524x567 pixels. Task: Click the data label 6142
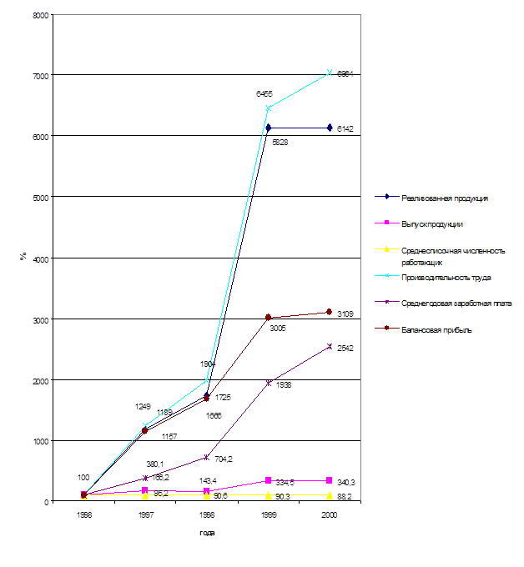point(345,128)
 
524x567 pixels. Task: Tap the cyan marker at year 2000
point(330,73)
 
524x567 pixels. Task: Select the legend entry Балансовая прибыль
point(436,329)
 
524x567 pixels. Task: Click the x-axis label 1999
point(268,516)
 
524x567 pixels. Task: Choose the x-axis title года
point(207,532)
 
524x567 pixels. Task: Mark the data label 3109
point(345,314)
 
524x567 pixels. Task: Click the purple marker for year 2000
point(330,346)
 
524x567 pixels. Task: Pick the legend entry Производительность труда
point(445,277)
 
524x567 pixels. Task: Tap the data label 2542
point(346,349)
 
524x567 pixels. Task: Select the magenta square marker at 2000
point(330,480)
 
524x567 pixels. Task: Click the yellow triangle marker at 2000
point(330,495)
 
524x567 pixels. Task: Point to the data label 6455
point(264,95)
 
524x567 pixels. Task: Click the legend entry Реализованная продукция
point(444,198)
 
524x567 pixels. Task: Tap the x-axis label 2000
point(330,516)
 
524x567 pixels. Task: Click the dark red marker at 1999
point(269,318)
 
